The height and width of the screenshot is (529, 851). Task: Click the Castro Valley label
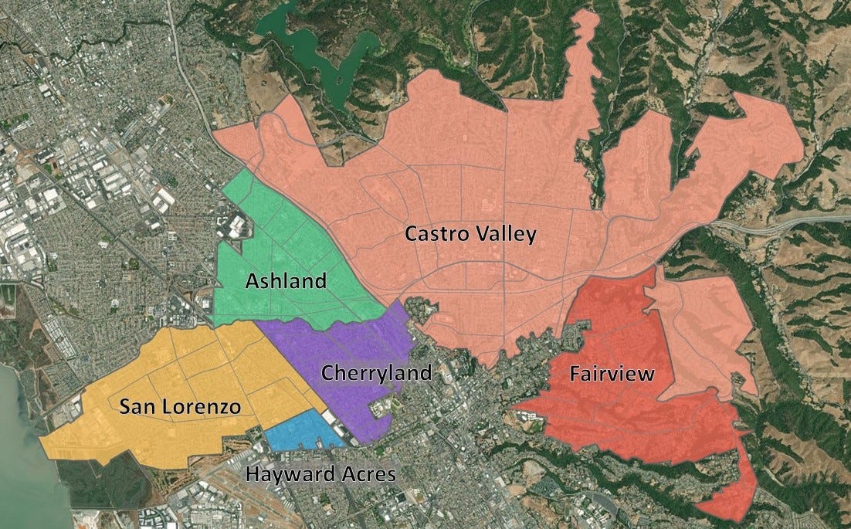tap(470, 234)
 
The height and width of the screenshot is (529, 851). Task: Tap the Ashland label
tap(286, 281)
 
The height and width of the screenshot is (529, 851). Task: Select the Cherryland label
tap(375, 373)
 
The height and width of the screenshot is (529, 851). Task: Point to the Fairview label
tap(612, 375)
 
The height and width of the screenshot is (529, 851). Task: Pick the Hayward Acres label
tap(320, 473)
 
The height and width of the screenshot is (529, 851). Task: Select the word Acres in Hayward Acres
tap(366, 473)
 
